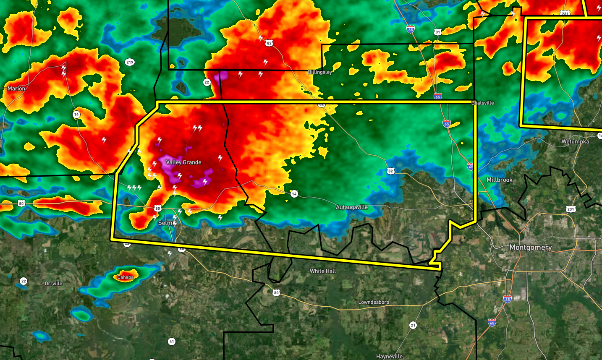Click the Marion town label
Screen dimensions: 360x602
[x=16, y=89]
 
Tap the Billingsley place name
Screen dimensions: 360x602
[x=320, y=72]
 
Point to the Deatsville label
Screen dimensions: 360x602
[x=483, y=103]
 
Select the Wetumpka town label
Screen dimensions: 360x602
[x=575, y=141]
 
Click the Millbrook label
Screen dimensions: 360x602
[x=500, y=180]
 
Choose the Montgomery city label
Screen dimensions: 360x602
[x=531, y=247]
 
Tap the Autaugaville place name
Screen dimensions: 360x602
[x=352, y=207]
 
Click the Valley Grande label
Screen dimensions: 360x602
[x=183, y=162]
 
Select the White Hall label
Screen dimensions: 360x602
[x=323, y=271]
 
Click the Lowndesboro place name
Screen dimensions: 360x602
[x=374, y=302]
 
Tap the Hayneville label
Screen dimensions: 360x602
[x=389, y=356]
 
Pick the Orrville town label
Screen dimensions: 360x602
[x=53, y=284]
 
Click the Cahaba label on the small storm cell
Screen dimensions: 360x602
[x=126, y=277]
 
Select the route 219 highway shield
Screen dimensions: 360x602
[x=130, y=62]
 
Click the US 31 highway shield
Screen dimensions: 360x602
[x=438, y=32]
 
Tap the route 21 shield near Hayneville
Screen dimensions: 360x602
[x=413, y=325]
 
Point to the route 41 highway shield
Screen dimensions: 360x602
[x=171, y=342]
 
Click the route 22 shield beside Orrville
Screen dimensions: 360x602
[x=24, y=281]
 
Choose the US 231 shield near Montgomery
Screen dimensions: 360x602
[x=570, y=209]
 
